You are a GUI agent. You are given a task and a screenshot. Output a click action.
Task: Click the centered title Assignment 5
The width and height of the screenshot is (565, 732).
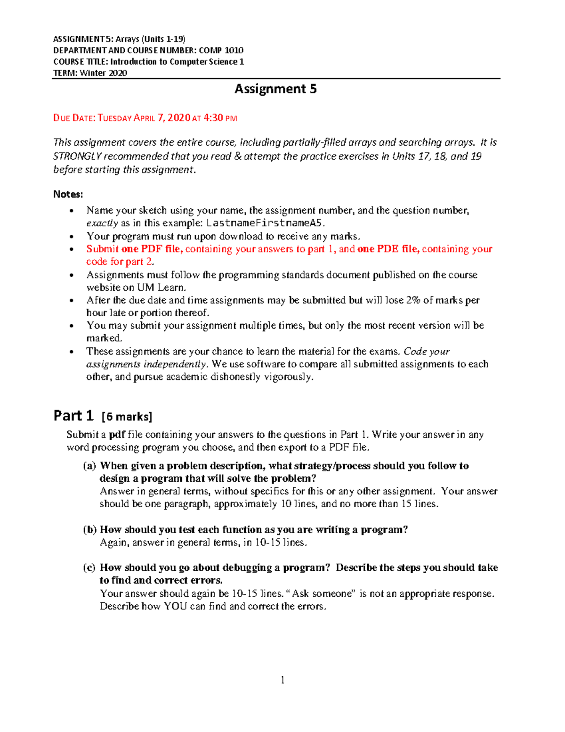tap(275, 89)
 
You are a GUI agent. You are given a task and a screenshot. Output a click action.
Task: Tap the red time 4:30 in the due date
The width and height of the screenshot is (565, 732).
tap(213, 118)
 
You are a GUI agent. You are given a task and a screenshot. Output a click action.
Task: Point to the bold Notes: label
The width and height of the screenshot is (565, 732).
tap(68, 194)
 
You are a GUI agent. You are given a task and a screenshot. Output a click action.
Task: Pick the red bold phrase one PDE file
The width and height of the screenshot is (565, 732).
tap(388, 249)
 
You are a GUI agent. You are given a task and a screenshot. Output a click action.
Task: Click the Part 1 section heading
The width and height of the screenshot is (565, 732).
tap(73, 416)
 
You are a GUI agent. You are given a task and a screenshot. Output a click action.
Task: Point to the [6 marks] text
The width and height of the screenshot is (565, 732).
tap(127, 417)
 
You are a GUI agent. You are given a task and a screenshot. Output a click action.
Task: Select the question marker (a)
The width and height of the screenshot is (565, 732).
tap(89, 466)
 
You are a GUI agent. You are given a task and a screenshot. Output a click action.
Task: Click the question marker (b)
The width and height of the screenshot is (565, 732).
tap(89, 530)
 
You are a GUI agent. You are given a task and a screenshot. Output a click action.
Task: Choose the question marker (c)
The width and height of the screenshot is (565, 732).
tap(89, 568)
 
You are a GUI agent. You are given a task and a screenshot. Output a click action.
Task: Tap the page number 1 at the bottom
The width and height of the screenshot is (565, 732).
tap(282, 680)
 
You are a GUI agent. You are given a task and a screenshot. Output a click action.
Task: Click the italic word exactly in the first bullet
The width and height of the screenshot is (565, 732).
tap(102, 223)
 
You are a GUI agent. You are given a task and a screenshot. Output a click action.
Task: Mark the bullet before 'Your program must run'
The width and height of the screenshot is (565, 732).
tap(72, 237)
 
